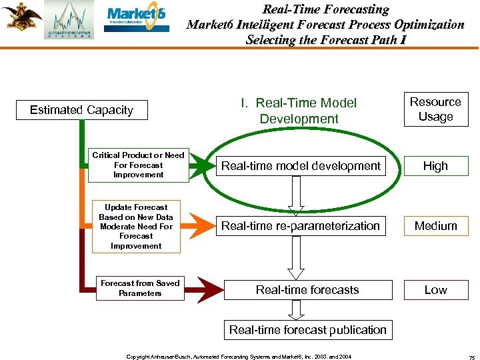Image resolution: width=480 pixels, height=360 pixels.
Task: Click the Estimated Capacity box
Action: coord(81,110)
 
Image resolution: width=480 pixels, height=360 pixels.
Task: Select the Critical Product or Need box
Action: coord(138,165)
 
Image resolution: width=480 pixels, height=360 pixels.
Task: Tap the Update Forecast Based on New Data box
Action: coord(136,227)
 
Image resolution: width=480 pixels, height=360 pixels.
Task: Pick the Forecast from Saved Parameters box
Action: coord(140,288)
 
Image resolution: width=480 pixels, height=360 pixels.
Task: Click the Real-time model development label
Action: coord(301,166)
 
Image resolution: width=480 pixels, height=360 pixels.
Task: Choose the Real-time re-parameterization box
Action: coord(301,226)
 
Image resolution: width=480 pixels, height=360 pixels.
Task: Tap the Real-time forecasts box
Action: coord(307,290)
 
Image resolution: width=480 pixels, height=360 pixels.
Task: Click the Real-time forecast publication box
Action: coord(307,329)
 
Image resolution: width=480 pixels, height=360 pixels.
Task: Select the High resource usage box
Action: coord(435,166)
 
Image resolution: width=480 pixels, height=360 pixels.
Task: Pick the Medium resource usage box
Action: coord(435,226)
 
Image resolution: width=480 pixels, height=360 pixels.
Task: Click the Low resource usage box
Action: coord(435,290)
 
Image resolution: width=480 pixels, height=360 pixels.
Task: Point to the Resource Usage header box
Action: coord(435,109)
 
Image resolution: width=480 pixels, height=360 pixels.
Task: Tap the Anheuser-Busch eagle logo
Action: coord(21,16)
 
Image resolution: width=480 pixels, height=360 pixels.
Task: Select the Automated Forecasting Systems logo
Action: coord(69,20)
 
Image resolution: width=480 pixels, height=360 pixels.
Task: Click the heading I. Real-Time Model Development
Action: coord(299,111)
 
